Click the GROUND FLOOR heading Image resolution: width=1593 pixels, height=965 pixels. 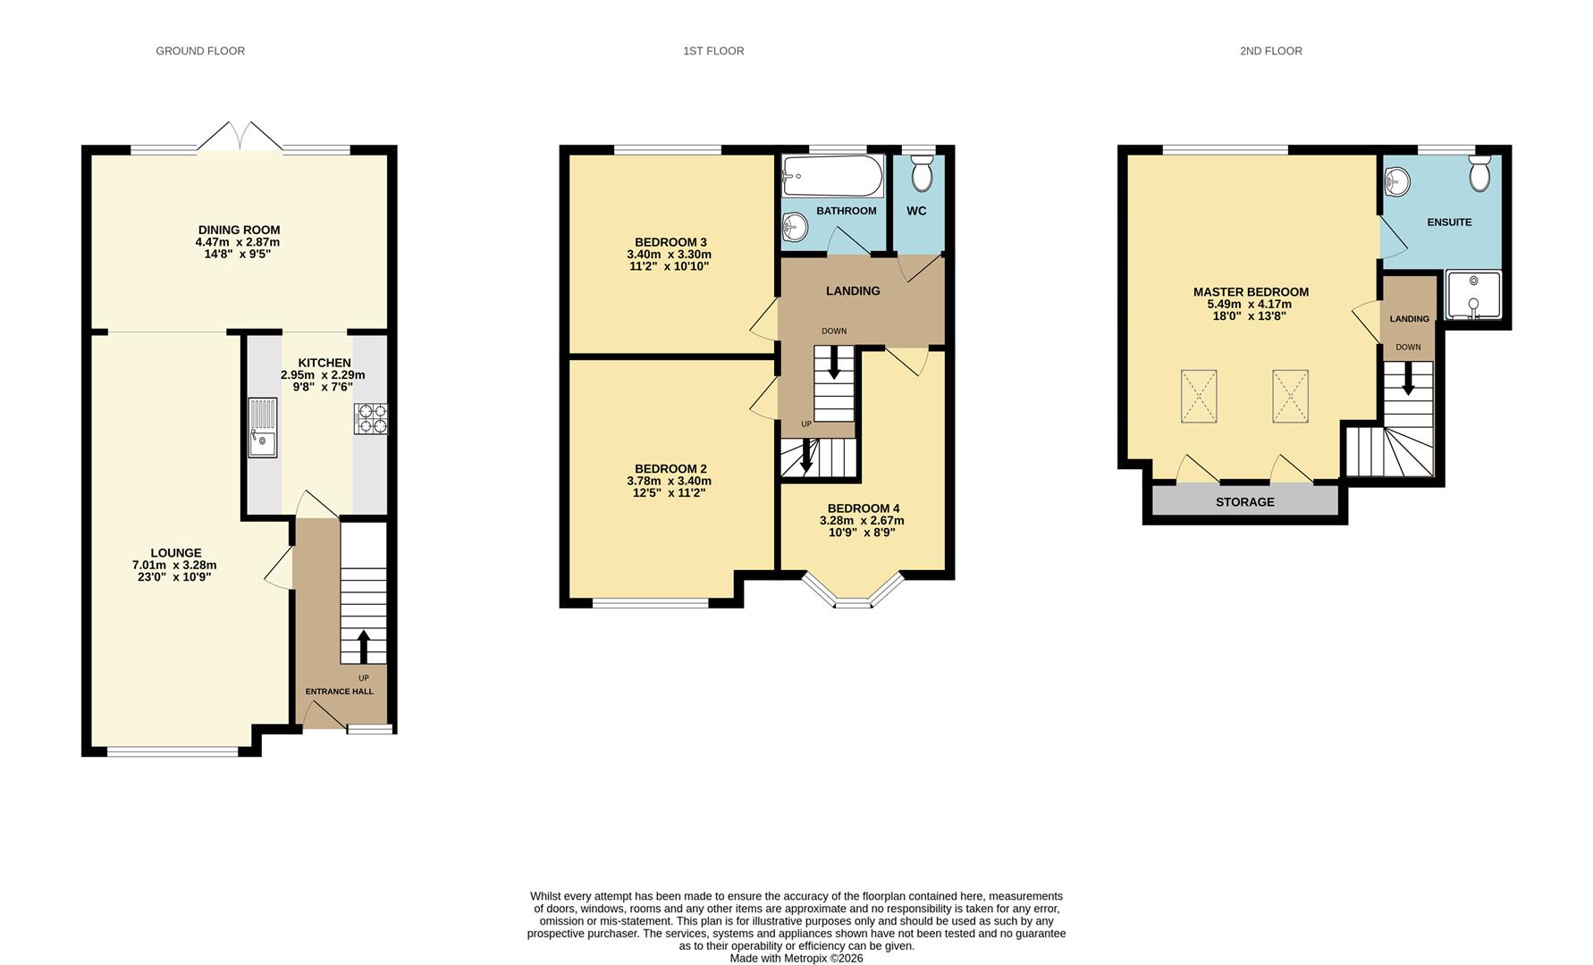(x=200, y=51)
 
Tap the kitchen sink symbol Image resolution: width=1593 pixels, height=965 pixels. (x=263, y=428)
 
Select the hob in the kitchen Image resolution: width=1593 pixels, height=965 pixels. (x=371, y=419)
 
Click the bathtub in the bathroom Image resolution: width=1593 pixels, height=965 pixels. (x=832, y=176)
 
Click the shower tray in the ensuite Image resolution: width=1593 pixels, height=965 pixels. (x=1472, y=296)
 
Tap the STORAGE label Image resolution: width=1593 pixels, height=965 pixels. (x=1244, y=502)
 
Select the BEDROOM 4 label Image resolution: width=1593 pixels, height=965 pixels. (x=863, y=508)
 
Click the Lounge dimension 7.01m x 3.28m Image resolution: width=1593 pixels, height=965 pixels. (x=175, y=565)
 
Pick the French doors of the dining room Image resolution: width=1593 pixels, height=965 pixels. (x=240, y=137)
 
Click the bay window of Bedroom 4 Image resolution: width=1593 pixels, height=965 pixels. (x=854, y=594)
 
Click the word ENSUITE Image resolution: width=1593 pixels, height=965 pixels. (x=1448, y=222)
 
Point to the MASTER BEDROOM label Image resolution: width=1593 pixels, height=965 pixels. (x=1250, y=292)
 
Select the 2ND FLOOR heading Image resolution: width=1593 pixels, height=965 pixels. (x=1270, y=51)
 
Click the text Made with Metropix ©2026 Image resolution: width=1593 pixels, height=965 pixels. (x=796, y=958)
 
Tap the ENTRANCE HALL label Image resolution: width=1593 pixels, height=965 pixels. (x=339, y=692)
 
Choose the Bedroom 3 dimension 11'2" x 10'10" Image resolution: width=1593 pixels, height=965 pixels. (x=669, y=266)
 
